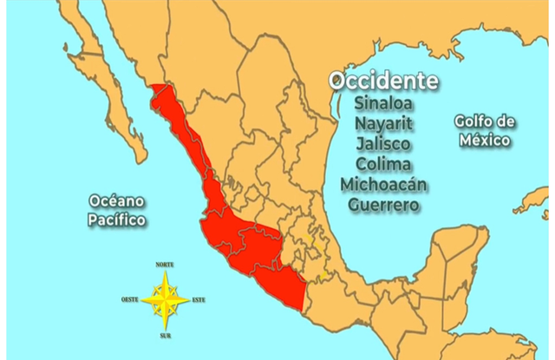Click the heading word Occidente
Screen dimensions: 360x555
point(382,81)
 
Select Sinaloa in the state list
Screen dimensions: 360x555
point(382,101)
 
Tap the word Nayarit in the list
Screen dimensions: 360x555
point(382,122)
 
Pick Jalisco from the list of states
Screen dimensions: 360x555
point(382,143)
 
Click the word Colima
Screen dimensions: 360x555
point(382,164)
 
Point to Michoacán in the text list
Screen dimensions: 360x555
point(382,185)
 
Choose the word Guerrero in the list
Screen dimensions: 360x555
point(382,206)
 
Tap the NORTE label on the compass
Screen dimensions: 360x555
point(165,264)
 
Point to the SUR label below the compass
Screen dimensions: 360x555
point(165,333)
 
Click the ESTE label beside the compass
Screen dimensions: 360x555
point(199,300)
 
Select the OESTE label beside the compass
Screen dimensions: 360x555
point(131,300)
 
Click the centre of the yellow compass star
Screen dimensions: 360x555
point(165,300)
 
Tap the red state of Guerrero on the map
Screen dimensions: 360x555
point(282,282)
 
